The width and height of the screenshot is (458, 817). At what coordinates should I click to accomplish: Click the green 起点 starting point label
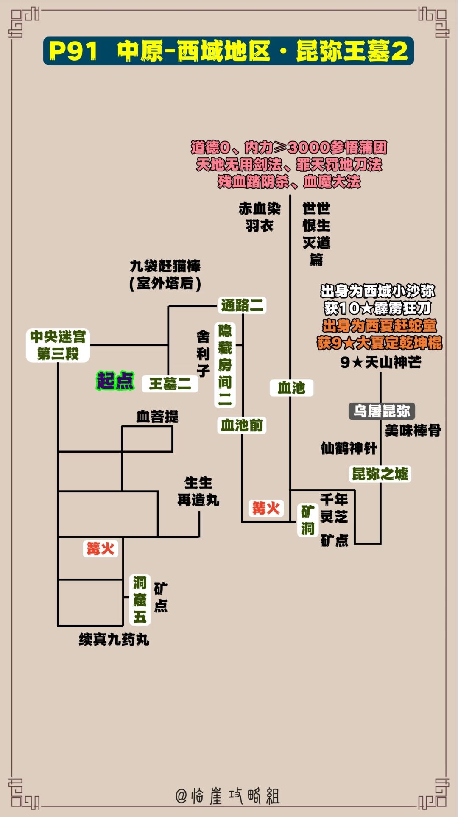coord(115,381)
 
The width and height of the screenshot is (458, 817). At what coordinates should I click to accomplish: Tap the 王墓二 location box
coord(170,384)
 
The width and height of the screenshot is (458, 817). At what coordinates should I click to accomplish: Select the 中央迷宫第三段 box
coord(58,345)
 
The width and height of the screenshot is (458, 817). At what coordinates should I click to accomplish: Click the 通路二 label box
coord(242,305)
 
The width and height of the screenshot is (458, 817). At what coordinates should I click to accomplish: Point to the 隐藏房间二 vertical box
coord(225,365)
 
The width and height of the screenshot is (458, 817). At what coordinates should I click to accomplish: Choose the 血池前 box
coord(242,425)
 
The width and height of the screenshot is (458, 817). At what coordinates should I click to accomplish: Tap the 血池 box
coord(291,388)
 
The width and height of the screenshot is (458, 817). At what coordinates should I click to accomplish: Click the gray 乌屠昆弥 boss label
coord(382,411)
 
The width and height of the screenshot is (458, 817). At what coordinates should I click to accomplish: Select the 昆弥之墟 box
coord(380,474)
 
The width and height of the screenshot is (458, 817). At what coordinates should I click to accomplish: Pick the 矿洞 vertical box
coord(308,520)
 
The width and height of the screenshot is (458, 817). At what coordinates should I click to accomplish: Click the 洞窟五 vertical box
coord(140,600)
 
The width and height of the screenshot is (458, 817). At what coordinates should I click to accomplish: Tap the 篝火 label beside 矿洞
coord(266,508)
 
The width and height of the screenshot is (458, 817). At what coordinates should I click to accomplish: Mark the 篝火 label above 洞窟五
coord(101,548)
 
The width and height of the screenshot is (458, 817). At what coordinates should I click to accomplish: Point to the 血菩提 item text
coord(157,417)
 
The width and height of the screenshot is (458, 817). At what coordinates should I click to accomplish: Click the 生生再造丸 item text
coord(198,492)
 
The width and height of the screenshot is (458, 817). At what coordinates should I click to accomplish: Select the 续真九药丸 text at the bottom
coord(114,639)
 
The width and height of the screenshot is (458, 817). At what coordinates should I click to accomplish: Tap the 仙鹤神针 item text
coord(349,448)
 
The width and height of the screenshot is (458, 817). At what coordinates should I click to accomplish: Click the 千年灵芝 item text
coord(334,508)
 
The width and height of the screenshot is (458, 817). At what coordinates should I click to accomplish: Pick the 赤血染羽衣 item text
coord(260,217)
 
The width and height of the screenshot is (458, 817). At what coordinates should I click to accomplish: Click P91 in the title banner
coord(73,51)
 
